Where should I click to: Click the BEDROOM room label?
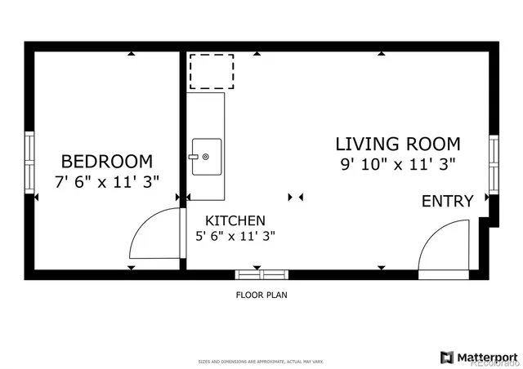click(x=106, y=161)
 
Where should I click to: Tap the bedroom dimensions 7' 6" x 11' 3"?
click(x=106, y=182)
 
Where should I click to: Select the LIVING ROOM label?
click(x=398, y=144)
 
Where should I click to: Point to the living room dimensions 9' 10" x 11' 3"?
click(x=398, y=164)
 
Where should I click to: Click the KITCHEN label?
click(x=235, y=220)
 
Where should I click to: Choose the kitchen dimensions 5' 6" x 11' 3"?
click(x=235, y=237)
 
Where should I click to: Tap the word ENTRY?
click(x=447, y=201)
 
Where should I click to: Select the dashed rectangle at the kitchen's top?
click(x=212, y=71)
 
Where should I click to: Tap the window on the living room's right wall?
click(x=494, y=163)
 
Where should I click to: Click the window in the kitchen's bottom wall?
click(x=261, y=274)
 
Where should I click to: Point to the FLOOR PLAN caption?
click(x=261, y=296)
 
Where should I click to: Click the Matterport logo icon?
click(x=447, y=357)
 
